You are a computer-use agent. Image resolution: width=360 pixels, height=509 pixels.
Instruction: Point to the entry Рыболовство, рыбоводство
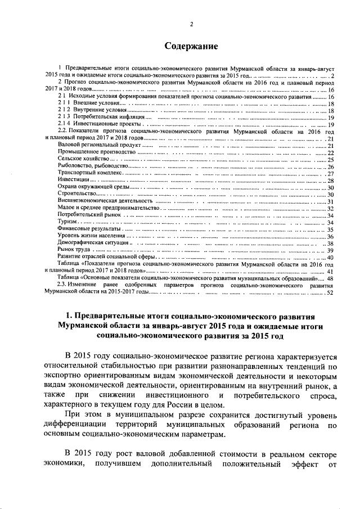(93, 166)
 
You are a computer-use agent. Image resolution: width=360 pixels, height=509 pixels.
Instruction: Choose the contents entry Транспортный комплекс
(90, 174)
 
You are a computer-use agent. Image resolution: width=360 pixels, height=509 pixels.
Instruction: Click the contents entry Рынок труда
(74, 250)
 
